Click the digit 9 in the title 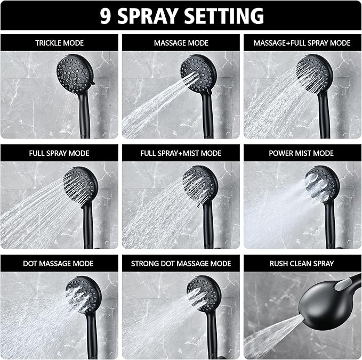click(x=106, y=15)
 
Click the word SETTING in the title click(x=229, y=15)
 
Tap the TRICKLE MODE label click(x=59, y=43)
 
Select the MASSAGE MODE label click(x=181, y=43)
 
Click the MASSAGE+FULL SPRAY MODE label click(x=302, y=43)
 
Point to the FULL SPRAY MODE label click(x=59, y=153)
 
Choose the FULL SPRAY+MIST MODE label click(x=181, y=153)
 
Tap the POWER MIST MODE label click(x=302, y=153)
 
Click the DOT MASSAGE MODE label click(x=59, y=263)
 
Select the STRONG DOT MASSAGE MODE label click(x=181, y=263)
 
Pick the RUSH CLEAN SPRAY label click(x=302, y=263)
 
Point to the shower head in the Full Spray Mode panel click(x=81, y=184)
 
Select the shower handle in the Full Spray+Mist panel click(x=208, y=224)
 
